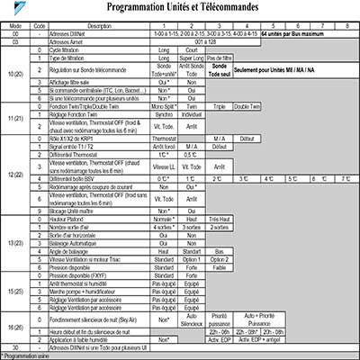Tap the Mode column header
tap(15, 27)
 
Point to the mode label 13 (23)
tap(15, 244)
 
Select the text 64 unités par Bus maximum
tap(292, 34)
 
